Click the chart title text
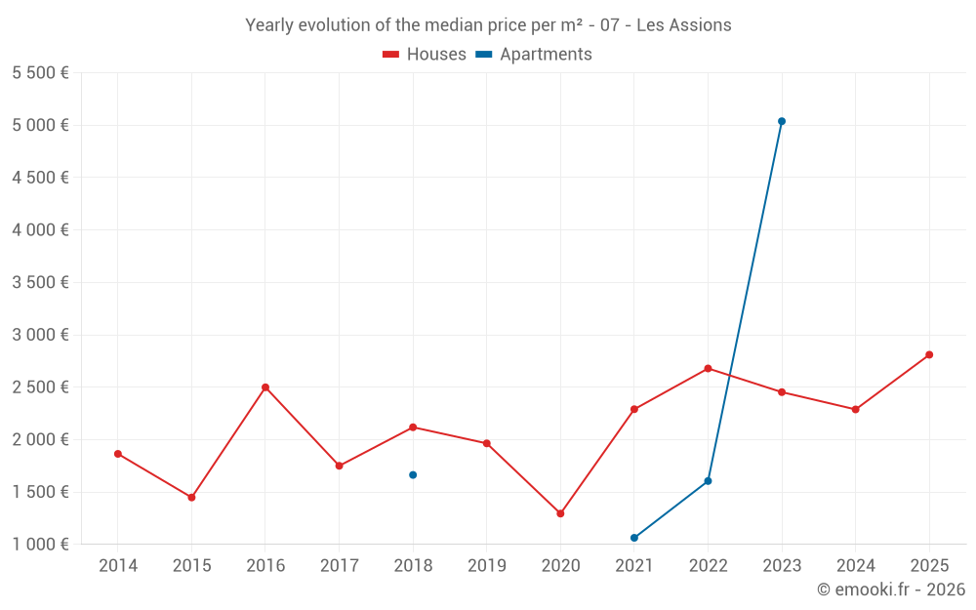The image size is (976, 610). (488, 25)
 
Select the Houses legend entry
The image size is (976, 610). (426, 55)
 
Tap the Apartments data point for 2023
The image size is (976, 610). (782, 121)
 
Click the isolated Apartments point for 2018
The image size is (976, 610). (413, 475)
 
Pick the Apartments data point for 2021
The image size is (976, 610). (634, 538)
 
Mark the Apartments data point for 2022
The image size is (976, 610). (708, 481)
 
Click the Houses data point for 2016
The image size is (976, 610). (265, 387)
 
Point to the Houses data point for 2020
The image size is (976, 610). (560, 513)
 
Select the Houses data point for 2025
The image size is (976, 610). (929, 354)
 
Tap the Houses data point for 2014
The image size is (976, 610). (118, 454)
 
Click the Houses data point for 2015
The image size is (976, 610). (191, 498)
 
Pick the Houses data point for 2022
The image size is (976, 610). (708, 368)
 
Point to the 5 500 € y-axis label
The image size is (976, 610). (40, 73)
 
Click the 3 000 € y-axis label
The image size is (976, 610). (40, 335)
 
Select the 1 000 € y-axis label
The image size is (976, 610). (40, 545)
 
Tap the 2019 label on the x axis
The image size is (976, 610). (487, 566)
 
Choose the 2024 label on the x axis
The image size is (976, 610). (855, 566)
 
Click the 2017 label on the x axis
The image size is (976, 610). (339, 566)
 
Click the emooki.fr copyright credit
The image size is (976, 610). (891, 590)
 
